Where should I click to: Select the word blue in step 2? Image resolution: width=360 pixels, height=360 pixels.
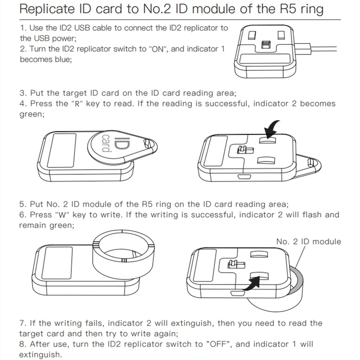(62, 59)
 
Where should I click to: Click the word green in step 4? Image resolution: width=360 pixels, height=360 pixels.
(31, 114)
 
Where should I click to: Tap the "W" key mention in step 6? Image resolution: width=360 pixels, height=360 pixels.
(63, 215)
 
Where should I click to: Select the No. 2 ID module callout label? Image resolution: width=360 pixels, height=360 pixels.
(308, 241)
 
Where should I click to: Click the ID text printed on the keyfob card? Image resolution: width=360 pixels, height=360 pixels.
(125, 144)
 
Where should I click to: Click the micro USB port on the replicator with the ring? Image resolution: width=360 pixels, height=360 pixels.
(235, 292)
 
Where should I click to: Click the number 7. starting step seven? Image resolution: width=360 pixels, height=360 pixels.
(23, 323)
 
